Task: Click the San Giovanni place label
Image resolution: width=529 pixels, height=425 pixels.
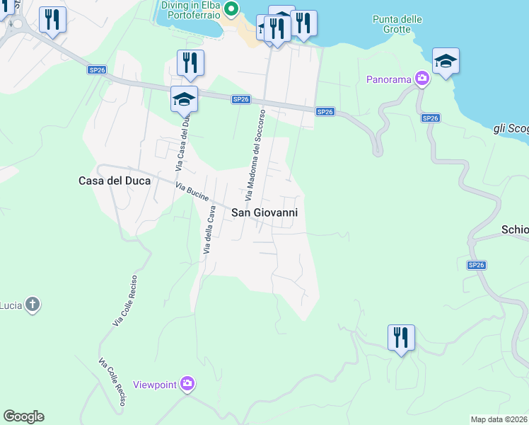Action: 265,212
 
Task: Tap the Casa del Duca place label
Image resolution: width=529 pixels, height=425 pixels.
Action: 114,181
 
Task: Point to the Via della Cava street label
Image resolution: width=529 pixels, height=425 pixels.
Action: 209,230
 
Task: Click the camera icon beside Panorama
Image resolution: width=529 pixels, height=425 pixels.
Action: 422,79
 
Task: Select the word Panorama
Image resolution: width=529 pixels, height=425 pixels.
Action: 388,79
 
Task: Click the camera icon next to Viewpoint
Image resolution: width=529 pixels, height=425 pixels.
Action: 187,384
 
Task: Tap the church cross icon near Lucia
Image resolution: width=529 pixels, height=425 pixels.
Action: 31,305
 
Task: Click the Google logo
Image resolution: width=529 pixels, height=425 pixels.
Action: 23,416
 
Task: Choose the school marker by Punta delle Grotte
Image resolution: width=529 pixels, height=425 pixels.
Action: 446,61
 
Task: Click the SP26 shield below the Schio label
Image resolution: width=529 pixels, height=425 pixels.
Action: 477,265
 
